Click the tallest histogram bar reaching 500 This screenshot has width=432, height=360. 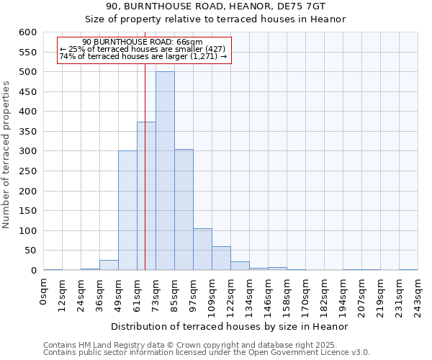pos(165,171)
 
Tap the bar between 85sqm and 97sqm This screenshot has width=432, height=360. pos(184,210)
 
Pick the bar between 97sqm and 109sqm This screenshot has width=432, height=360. pos(202,249)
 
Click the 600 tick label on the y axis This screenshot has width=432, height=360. pos(27,32)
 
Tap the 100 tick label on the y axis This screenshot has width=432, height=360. pos(27,231)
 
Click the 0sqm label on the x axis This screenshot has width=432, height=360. pos(44,290)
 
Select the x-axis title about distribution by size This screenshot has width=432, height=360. pos(230,326)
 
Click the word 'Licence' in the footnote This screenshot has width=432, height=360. pos(339,353)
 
